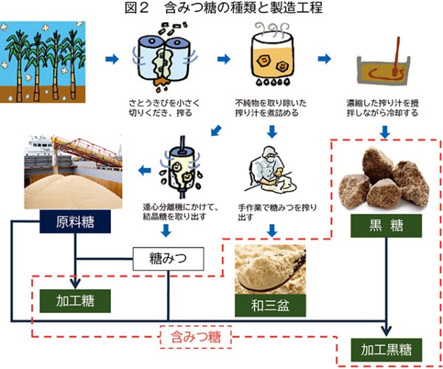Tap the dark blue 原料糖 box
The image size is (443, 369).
pyautogui.click(x=74, y=223)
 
